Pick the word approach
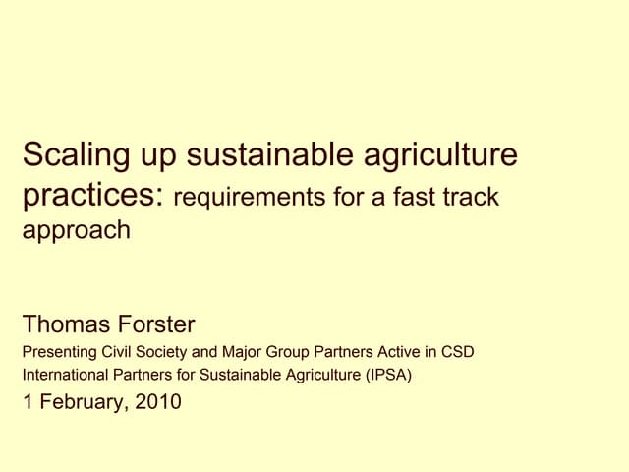(76, 232)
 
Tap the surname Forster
(157, 324)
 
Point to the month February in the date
(83, 401)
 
